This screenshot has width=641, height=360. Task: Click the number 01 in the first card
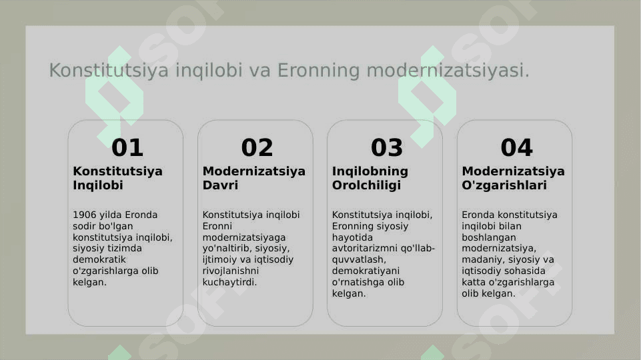coord(127,147)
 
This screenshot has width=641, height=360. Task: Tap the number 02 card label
coord(257,147)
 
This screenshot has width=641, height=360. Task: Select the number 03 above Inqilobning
coord(387,147)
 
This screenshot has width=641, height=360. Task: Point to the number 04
coord(517,147)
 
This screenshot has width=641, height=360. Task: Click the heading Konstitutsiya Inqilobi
coord(118,178)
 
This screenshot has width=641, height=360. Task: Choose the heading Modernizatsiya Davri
coord(254,178)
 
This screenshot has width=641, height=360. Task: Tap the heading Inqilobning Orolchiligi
coord(370,178)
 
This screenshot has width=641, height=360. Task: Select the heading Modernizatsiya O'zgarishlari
coord(513,178)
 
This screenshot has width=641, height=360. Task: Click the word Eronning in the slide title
coord(319,71)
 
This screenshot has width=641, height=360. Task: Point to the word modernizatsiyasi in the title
coord(448,70)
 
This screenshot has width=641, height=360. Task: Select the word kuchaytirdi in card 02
coord(229,282)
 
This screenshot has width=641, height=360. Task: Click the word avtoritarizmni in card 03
coord(359,249)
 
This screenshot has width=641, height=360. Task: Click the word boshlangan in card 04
coord(489,237)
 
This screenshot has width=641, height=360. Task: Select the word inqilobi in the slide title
coord(209,71)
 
